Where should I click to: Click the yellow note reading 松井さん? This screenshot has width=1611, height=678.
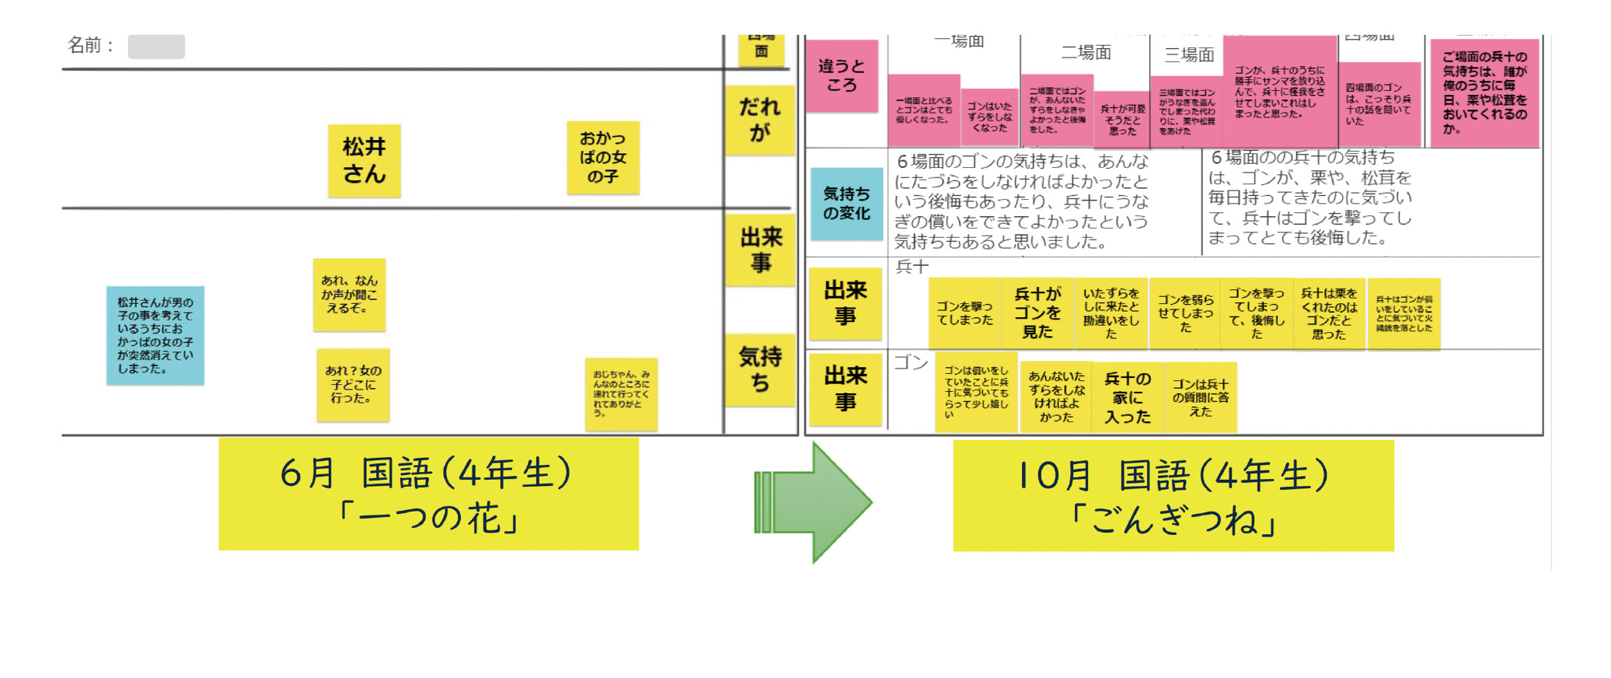pos(364,160)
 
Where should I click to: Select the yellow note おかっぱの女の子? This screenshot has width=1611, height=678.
pos(602,157)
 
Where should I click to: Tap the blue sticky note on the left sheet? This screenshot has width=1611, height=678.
pos(155,335)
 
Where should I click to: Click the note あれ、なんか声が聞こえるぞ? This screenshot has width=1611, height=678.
pos(349,295)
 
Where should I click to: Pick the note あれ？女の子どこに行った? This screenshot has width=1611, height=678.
pos(353,385)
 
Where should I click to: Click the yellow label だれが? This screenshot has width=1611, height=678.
pos(759,119)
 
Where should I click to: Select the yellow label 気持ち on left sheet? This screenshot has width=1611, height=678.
pos(759,369)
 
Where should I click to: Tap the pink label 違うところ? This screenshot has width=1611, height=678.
pos(841,75)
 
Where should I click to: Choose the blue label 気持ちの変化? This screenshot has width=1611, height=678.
pos(846,203)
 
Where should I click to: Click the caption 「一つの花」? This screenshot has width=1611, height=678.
pos(428,517)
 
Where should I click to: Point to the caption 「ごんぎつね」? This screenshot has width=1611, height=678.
pos(1173,519)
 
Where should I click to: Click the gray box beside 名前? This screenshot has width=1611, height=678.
pos(156,47)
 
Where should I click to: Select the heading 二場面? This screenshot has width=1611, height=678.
pos(1086,53)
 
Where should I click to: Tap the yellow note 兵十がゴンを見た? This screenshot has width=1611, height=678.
pos(1037,313)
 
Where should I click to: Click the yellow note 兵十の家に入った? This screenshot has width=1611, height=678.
pos(1127,397)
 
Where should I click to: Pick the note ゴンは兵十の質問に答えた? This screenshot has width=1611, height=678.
pos(1200,397)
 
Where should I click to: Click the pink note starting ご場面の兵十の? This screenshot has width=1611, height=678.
pos(1484,93)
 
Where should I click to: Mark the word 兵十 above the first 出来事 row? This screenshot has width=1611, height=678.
pos(912,267)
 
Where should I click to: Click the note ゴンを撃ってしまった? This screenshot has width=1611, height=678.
pos(964,313)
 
